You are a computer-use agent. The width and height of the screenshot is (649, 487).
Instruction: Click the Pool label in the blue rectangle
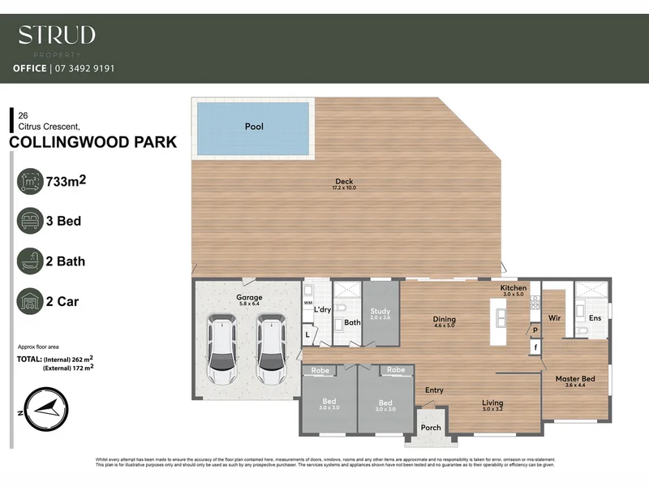(255, 127)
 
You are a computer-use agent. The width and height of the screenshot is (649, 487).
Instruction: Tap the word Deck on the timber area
(345, 181)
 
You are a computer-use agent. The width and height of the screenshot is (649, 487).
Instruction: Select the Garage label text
(249, 298)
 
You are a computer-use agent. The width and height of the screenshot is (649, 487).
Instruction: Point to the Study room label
(380, 311)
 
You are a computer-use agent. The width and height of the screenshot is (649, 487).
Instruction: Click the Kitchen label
(514, 288)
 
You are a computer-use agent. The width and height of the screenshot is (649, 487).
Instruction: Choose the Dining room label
(445, 320)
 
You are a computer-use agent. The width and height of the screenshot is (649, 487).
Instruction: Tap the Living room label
(492, 403)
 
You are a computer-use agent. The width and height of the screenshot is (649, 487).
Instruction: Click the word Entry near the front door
(434, 390)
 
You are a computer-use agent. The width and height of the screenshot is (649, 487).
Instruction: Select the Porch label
(431, 428)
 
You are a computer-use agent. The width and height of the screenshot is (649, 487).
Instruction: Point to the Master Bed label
(575, 379)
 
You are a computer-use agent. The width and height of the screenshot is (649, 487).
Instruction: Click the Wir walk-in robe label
(556, 318)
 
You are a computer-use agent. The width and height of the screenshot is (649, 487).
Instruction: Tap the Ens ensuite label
(595, 318)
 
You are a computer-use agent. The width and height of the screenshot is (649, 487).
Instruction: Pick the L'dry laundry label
(322, 309)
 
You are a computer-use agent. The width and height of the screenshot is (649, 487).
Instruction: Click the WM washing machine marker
(307, 304)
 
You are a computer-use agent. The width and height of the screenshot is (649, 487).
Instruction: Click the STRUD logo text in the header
(57, 35)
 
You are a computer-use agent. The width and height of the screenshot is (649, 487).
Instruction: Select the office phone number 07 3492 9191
(84, 69)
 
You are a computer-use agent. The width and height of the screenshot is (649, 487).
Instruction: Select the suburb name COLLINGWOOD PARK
(92, 143)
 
